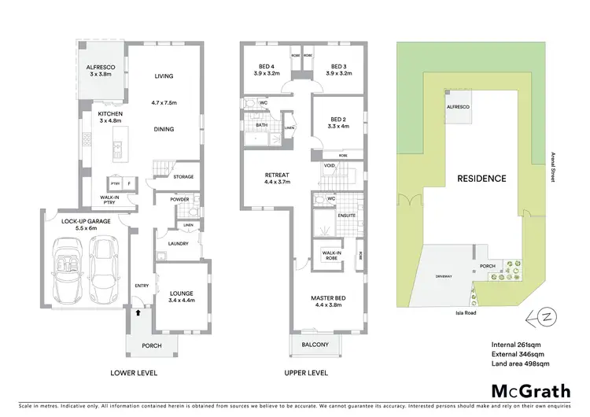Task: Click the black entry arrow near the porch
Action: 140,312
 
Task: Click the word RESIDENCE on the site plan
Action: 481,178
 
